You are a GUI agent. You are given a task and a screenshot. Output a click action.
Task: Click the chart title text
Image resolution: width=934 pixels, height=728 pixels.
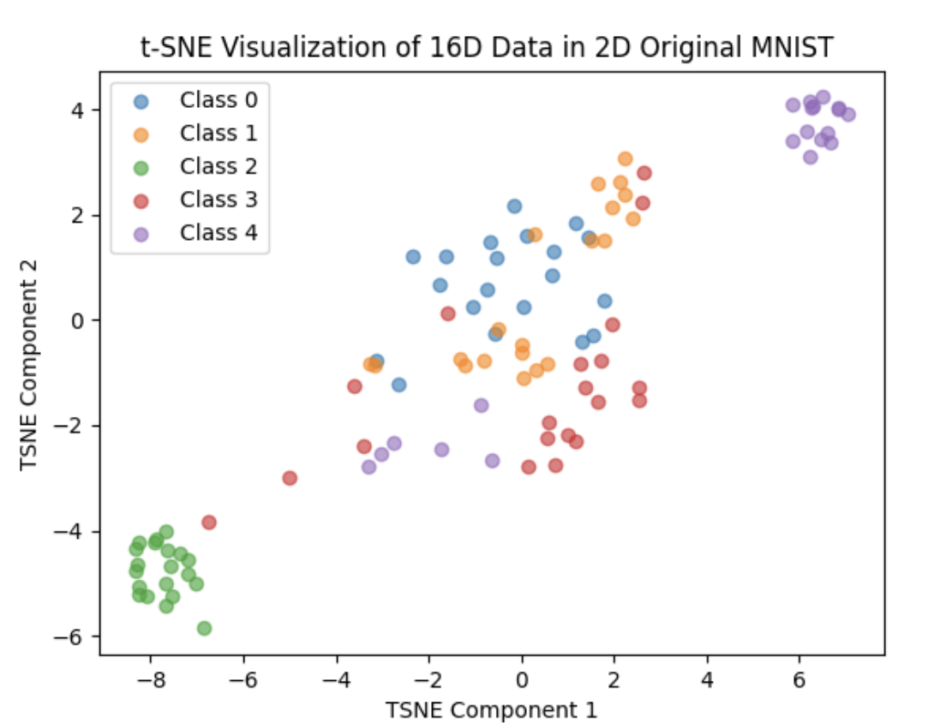point(487,48)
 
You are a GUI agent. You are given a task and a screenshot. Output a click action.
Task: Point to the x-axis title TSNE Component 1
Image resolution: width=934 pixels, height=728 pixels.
point(491,710)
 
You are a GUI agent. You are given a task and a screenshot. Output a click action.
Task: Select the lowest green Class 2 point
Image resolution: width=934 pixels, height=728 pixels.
point(204,628)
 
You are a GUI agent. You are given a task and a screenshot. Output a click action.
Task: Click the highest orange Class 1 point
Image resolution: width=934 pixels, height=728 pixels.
point(626,158)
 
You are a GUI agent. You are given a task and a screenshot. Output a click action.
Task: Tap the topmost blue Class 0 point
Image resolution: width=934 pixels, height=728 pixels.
point(514,206)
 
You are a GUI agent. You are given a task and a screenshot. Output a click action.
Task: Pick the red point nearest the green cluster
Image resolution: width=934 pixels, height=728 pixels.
point(209,522)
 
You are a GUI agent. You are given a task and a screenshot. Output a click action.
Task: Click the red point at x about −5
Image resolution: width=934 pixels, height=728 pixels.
point(290,478)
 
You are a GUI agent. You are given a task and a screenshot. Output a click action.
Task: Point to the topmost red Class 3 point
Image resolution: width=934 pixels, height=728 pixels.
point(644,173)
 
